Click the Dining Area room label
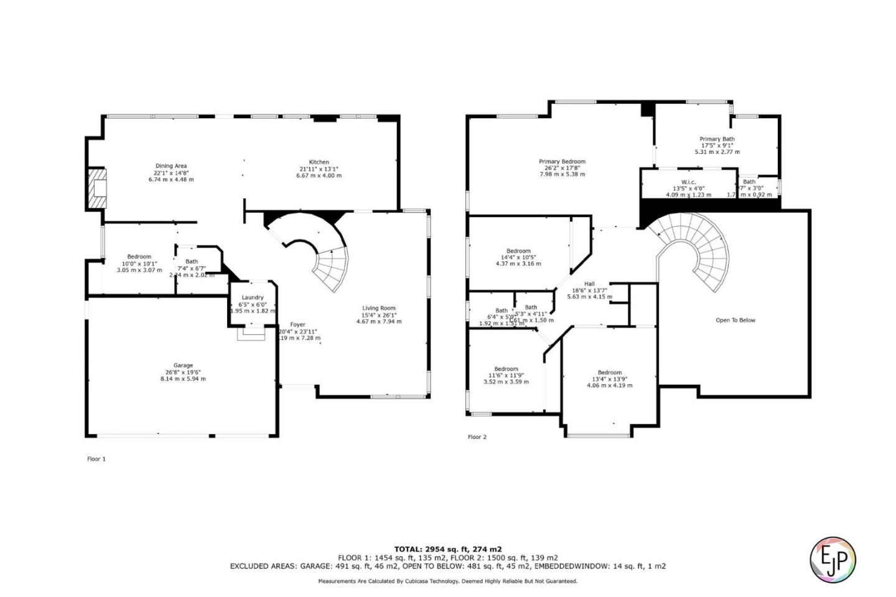point(170,166)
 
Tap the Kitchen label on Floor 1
point(319,162)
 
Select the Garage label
point(183,365)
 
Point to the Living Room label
point(378,308)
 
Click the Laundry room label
point(253,298)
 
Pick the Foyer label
point(297,324)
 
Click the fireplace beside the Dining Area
point(96,189)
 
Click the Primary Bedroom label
point(562,161)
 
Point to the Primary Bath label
point(717,139)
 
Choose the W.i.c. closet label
point(688,182)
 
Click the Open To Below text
point(735,320)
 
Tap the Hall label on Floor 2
point(589,284)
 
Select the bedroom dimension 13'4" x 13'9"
point(609,378)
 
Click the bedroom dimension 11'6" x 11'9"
point(506,375)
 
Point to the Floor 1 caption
point(96,459)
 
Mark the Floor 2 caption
point(477,437)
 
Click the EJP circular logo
point(833,559)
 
